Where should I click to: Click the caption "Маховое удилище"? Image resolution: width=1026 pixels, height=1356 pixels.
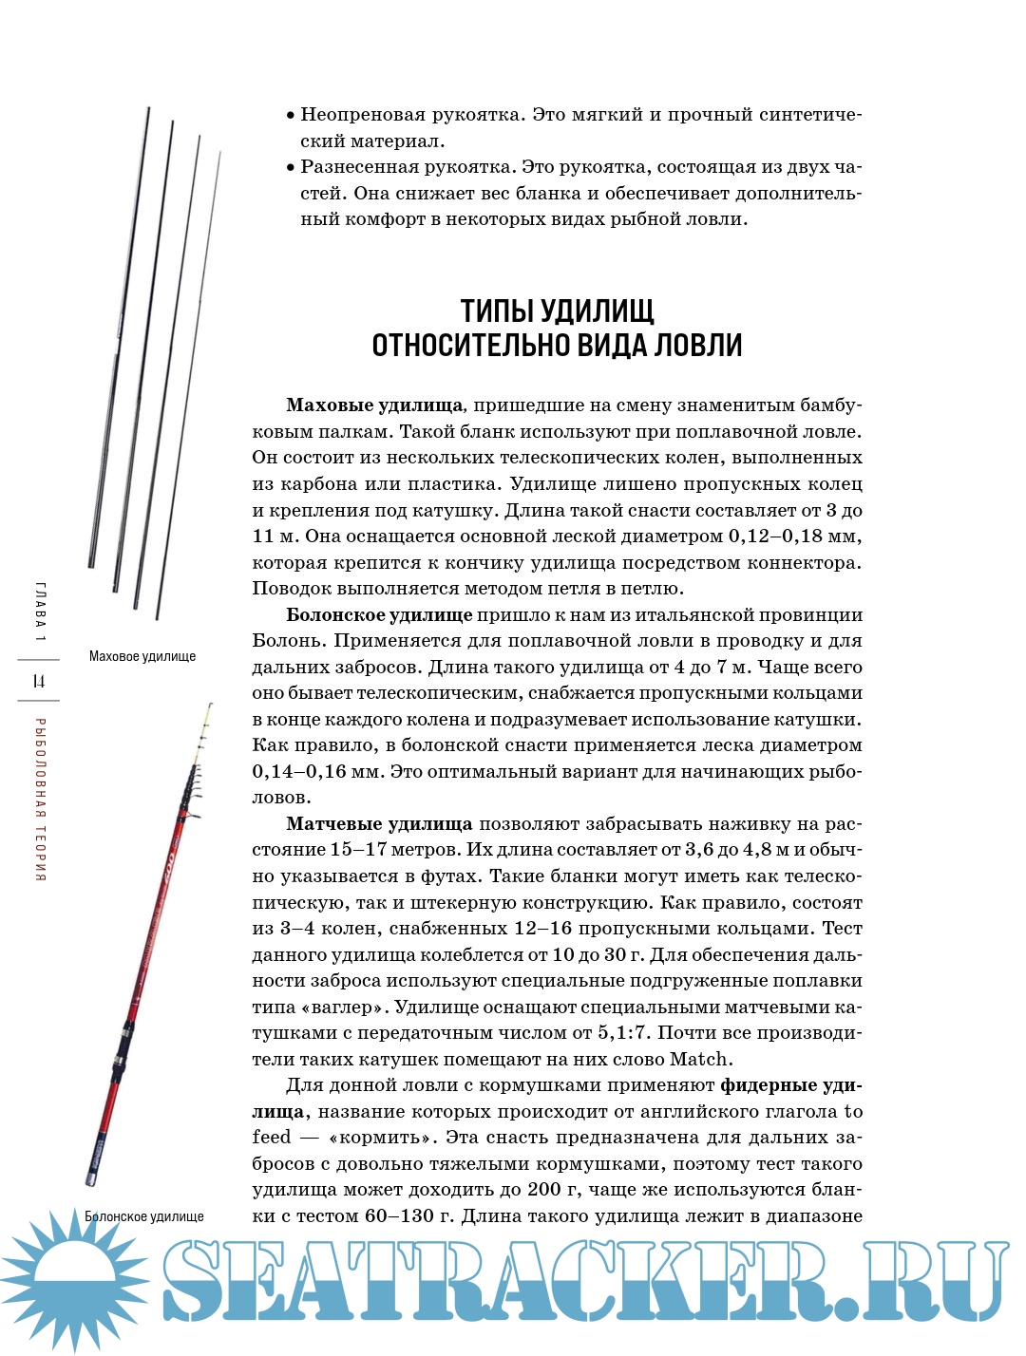pos(142,656)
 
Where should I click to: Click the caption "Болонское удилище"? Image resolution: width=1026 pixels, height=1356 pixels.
pos(144,1216)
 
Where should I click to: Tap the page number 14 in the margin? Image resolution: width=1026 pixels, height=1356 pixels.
pos(39,681)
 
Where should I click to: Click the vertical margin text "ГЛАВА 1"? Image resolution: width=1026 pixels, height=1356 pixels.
pos(40,611)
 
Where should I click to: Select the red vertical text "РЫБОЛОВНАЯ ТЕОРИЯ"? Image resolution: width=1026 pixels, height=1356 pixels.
pos(40,800)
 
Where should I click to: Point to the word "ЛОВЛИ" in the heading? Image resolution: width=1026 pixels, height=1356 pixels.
pos(698,345)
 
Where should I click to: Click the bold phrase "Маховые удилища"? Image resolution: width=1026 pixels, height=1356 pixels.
pos(374,405)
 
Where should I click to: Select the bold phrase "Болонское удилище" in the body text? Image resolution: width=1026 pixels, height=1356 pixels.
pos(379,615)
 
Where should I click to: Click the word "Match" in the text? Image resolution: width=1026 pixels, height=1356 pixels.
pos(699,1060)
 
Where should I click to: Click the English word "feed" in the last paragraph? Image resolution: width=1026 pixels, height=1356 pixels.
pos(272,1138)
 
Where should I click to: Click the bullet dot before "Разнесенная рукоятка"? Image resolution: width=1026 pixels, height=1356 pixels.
pos(291,168)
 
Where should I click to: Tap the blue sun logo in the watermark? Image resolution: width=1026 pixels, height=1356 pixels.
pos(74,1278)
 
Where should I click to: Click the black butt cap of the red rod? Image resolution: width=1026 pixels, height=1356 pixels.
pos(92,1180)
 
